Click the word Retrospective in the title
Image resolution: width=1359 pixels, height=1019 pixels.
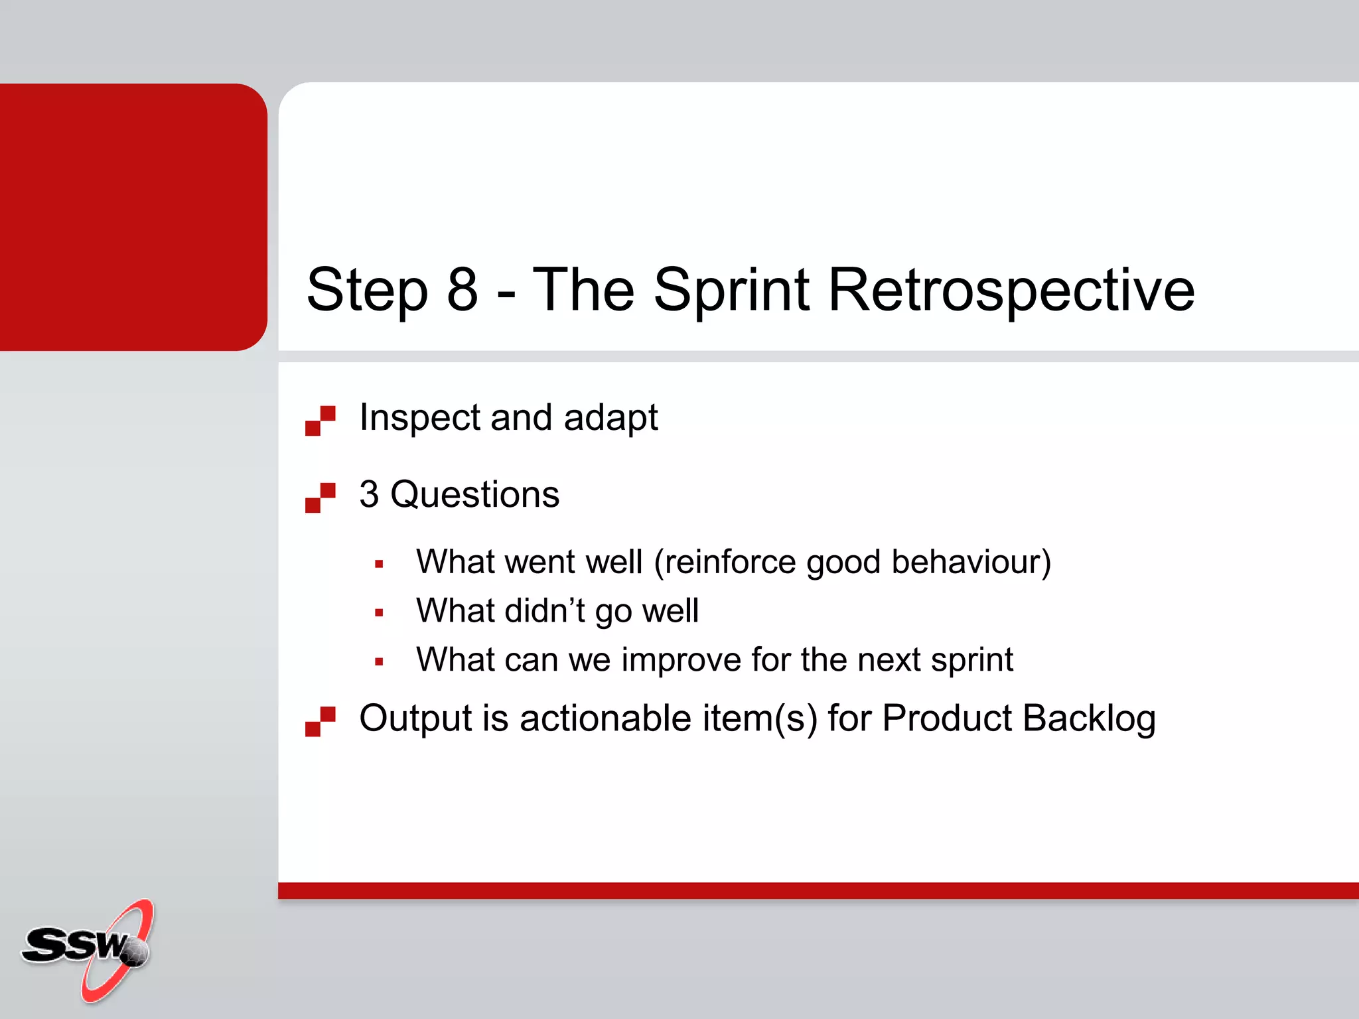1011,290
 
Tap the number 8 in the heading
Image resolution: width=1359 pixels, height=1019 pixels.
463,290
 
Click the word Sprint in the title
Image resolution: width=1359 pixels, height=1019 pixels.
731,290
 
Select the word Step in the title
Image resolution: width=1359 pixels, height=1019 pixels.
367,290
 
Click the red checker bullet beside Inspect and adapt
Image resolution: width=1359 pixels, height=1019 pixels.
321,421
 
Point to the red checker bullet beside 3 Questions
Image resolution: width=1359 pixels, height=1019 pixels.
321,498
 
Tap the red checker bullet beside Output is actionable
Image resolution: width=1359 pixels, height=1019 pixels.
321,721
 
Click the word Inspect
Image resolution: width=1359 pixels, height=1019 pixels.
419,418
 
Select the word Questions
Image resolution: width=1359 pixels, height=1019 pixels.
474,495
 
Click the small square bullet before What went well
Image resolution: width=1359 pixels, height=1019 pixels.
379,565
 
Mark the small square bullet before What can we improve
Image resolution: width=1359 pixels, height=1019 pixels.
379,661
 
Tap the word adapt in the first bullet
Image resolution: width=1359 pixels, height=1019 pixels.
610,418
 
